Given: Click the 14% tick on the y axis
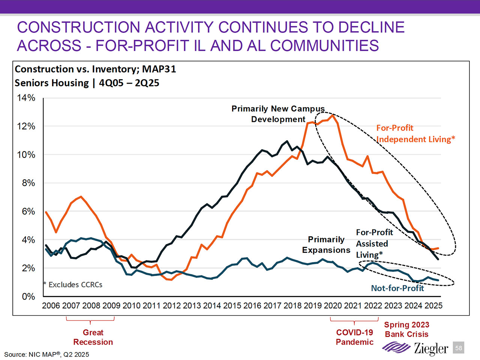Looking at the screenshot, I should (x=26, y=98).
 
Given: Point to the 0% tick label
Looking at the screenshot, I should (x=28, y=297).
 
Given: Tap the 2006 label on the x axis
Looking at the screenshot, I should (x=51, y=306).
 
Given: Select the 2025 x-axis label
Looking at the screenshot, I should (x=433, y=306).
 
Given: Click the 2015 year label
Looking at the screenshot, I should (x=232, y=306).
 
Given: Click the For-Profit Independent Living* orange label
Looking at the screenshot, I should (x=415, y=133).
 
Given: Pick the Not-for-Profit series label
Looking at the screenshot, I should (x=397, y=288).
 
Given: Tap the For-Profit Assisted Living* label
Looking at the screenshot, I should (x=374, y=243).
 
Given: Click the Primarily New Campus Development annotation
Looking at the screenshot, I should (x=278, y=114).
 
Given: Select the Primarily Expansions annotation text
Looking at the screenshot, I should (x=326, y=244).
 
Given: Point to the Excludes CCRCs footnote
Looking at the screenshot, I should (x=73, y=285).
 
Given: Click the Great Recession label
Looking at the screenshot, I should (x=93, y=337).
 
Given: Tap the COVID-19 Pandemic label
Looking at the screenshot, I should (x=354, y=337).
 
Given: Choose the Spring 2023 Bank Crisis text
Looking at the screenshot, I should (x=406, y=329).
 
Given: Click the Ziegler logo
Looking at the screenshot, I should (x=415, y=348).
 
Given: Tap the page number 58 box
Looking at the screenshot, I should (x=459, y=348).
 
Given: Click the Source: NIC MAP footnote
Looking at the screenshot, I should (x=46, y=354).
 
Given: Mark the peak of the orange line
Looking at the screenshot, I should (x=333, y=115).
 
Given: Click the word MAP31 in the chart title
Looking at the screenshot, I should (x=159, y=69).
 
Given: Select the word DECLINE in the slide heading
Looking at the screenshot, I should (x=371, y=27).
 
